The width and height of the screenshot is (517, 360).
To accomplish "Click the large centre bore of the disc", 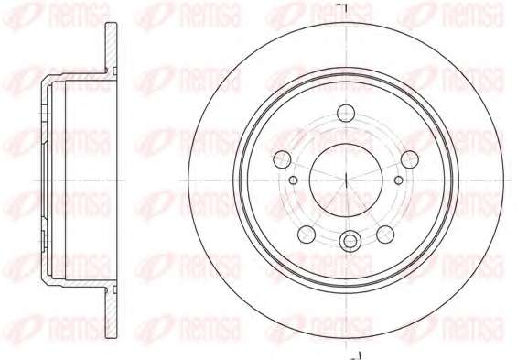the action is [x=346, y=180].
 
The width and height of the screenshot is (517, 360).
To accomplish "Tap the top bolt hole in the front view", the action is [x=346, y=113].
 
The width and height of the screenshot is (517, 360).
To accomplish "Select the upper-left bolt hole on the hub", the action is [x=282, y=159].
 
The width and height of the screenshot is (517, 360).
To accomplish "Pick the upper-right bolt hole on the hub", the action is [x=410, y=159].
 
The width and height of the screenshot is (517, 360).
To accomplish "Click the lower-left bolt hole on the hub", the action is [x=307, y=235].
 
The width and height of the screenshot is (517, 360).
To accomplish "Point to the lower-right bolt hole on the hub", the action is [x=385, y=235].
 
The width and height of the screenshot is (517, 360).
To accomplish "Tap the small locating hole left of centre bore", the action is [x=293, y=180].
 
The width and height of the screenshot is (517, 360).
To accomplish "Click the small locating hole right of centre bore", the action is [x=399, y=180].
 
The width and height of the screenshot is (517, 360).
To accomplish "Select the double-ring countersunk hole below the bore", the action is [x=350, y=242].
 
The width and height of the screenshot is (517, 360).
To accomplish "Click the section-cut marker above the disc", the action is [x=343, y=5].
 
